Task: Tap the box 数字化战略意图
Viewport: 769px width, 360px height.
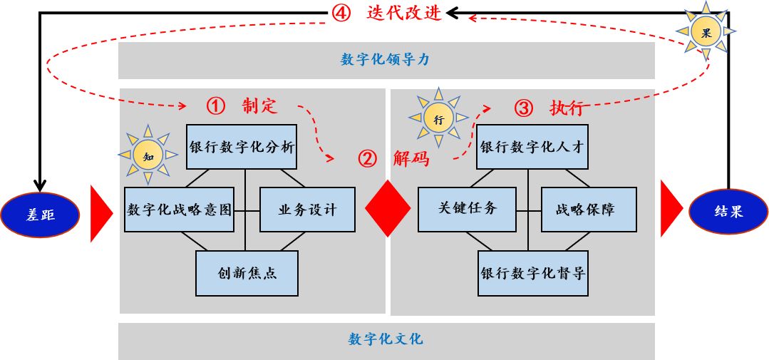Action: pyautogui.click(x=180, y=210)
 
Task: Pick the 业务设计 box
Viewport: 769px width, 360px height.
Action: pyautogui.click(x=307, y=210)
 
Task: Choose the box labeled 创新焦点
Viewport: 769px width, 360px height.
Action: pyautogui.click(x=247, y=273)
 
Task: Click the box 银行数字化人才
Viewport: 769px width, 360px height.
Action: pyautogui.click(x=532, y=148)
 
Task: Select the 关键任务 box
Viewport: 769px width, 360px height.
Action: pyautogui.click(x=467, y=210)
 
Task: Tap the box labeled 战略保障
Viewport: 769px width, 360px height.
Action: pyautogui.click(x=589, y=210)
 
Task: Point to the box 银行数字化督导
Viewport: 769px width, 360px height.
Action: pyautogui.click(x=532, y=273)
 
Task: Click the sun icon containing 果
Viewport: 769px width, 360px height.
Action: pyautogui.click(x=706, y=31)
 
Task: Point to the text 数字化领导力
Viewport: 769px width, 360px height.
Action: pyautogui.click(x=386, y=60)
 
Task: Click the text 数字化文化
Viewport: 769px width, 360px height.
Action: pyautogui.click(x=386, y=339)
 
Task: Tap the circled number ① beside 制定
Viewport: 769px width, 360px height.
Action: pyautogui.click(x=215, y=106)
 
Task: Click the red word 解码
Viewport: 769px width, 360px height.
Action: pyautogui.click(x=411, y=159)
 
